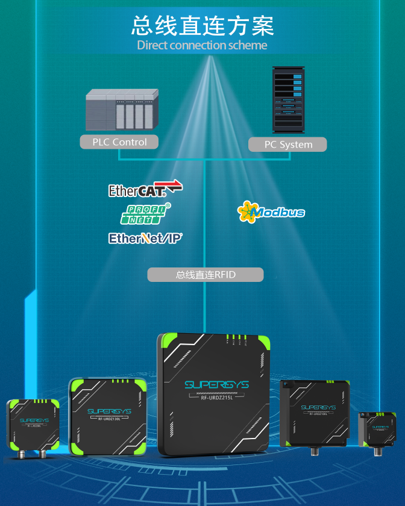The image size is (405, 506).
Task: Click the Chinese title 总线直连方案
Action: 202,26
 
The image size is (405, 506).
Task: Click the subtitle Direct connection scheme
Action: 202,45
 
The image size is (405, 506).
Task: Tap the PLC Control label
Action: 119,142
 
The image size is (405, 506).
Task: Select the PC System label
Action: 288,145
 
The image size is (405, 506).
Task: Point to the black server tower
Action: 287,99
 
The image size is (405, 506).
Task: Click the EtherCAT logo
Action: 145,190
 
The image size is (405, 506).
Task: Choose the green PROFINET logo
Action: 147,213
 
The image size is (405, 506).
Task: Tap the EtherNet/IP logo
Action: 145,239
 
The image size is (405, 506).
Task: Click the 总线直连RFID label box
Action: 206,275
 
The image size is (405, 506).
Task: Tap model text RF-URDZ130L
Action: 108,419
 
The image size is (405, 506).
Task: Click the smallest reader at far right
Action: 377,429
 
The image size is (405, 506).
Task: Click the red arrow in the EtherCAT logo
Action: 174,186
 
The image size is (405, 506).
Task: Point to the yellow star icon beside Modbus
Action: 246,212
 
